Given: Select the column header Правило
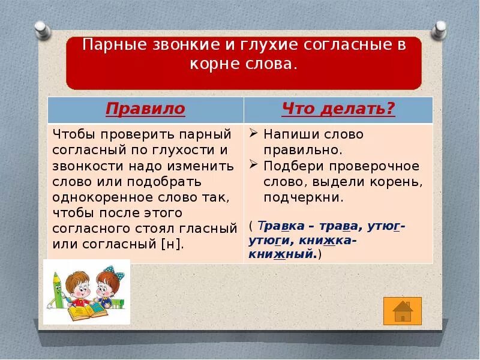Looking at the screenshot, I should click(x=145, y=109).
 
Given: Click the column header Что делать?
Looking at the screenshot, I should click(x=338, y=109).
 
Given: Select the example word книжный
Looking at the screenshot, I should click(x=281, y=254).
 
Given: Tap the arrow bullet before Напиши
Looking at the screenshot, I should click(x=254, y=134).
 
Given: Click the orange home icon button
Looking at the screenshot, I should click(x=402, y=311).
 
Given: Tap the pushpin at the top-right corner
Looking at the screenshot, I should click(x=440, y=28).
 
